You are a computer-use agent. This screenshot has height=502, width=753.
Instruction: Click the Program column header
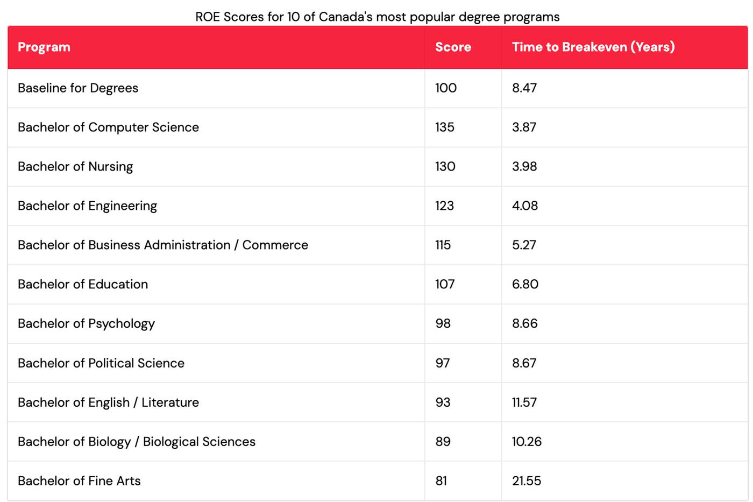tap(44, 47)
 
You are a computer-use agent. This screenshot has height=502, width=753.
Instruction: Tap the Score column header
tap(453, 47)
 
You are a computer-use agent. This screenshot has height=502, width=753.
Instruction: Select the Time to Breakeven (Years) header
tap(593, 47)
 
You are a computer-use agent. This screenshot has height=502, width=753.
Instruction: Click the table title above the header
tap(377, 17)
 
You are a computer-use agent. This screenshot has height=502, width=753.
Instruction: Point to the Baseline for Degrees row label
tap(78, 88)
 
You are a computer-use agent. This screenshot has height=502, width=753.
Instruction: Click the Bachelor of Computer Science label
tap(108, 127)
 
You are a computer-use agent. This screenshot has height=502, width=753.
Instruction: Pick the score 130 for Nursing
tap(445, 166)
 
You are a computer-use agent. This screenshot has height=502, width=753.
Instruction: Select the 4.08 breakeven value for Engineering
tap(524, 206)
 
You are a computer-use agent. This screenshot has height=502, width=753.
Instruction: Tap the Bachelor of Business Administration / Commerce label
tap(163, 245)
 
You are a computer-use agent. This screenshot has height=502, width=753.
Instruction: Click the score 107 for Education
tap(445, 284)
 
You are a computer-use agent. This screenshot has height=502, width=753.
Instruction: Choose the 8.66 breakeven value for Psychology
tap(524, 323)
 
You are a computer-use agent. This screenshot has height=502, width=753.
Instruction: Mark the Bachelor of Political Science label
tap(101, 363)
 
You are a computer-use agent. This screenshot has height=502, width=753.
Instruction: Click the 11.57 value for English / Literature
tap(524, 402)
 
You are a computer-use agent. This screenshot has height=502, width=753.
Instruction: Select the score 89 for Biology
tap(443, 442)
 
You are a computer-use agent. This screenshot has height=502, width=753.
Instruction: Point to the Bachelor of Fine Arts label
tap(79, 481)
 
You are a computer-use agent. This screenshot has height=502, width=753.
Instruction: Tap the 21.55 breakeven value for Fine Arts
tap(526, 481)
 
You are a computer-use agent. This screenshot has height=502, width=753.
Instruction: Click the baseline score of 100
tap(445, 88)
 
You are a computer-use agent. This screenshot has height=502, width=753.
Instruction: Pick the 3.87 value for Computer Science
tap(524, 127)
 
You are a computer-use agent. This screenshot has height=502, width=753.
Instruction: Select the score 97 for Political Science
tap(442, 363)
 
